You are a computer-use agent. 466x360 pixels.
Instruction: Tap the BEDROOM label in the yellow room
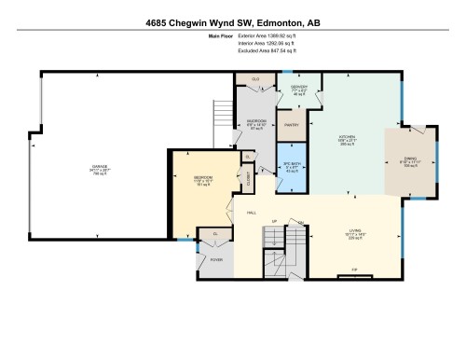tap(202, 177)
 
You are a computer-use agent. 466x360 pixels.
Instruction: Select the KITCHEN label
tap(347, 137)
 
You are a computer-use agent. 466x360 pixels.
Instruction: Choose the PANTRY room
tap(291, 123)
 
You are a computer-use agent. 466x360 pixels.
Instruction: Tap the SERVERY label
tap(298, 88)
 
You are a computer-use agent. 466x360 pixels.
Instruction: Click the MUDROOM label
tap(256, 121)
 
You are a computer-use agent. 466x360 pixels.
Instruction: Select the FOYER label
tap(215, 260)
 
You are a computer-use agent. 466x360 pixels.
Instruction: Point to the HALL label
tap(252, 214)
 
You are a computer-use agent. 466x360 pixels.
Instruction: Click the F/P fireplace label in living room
tap(354, 271)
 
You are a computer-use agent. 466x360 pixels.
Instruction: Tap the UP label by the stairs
tap(274, 222)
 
